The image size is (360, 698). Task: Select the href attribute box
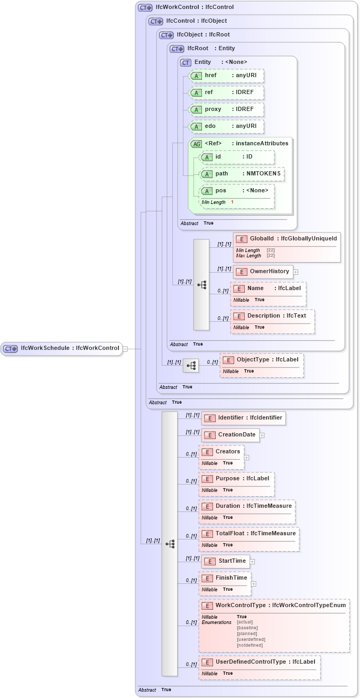pos(226,76)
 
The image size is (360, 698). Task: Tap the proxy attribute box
pos(226,109)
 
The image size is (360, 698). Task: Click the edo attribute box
pos(226,126)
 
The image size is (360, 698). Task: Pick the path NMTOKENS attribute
pos(242,174)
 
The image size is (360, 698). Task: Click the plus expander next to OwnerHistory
pos(296,272)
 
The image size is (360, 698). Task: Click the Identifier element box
pos(243,418)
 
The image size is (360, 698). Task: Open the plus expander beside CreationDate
pos(262,435)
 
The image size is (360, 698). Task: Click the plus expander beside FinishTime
pos(254,584)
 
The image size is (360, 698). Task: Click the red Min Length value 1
pos(232,202)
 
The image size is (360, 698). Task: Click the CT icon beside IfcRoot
pos(177,49)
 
